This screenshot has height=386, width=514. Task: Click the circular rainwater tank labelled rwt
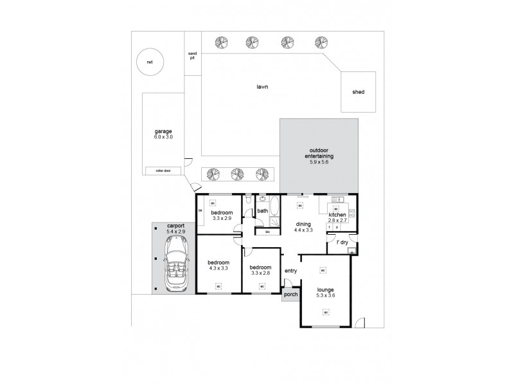point(150,62)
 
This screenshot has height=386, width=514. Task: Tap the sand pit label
point(191,55)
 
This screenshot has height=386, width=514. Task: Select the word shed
point(359,92)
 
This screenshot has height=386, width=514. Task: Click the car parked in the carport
point(174,264)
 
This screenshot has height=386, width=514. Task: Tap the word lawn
point(262,86)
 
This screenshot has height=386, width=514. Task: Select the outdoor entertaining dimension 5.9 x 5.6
point(318,162)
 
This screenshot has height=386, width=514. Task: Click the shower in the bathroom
point(274,222)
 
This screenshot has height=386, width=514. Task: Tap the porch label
point(290,295)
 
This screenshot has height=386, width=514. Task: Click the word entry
point(290,271)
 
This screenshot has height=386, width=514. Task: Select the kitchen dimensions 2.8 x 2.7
point(338,221)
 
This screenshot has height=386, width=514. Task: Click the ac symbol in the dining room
point(299,205)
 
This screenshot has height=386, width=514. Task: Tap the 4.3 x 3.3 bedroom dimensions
point(218,269)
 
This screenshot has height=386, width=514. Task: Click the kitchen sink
point(353,213)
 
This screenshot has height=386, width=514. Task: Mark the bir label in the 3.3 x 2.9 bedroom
point(200,210)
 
